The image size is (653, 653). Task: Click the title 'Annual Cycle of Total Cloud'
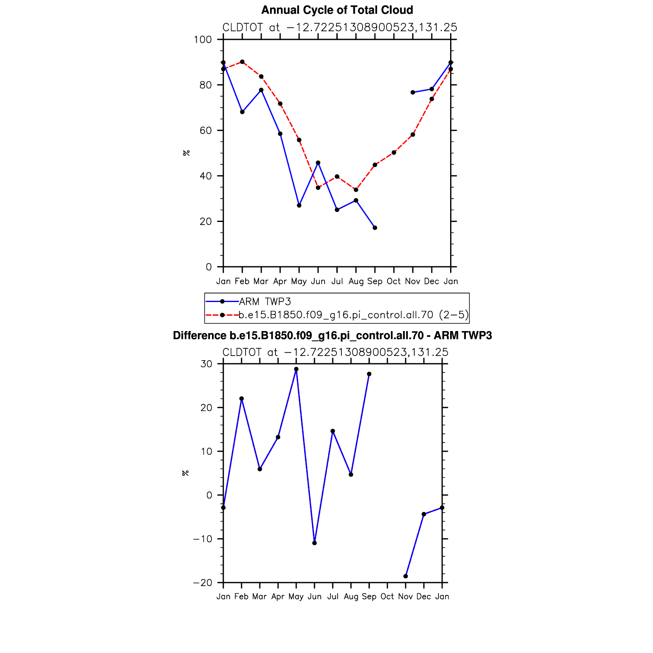[337, 10]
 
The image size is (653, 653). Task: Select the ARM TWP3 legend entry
[248, 302]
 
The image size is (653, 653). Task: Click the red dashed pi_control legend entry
[337, 315]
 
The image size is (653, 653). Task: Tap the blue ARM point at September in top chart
[375, 228]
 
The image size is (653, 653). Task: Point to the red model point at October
[394, 153]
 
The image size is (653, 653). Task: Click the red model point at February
[242, 62]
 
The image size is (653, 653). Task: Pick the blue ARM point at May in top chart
[299, 205]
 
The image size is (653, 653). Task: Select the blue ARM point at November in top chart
[413, 93]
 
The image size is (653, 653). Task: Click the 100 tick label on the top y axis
[203, 40]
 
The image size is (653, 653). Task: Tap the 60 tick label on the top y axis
[206, 131]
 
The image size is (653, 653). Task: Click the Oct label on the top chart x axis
[394, 281]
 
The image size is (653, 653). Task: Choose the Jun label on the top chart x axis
[318, 281]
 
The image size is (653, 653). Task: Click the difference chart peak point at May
[296, 369]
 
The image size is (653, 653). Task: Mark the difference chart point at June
[314, 543]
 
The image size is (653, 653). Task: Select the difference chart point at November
[406, 576]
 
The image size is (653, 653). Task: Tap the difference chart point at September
[369, 374]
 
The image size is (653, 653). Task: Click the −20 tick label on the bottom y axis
[202, 583]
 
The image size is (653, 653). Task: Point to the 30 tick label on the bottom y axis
[206, 364]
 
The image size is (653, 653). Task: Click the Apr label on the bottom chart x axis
[278, 597]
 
